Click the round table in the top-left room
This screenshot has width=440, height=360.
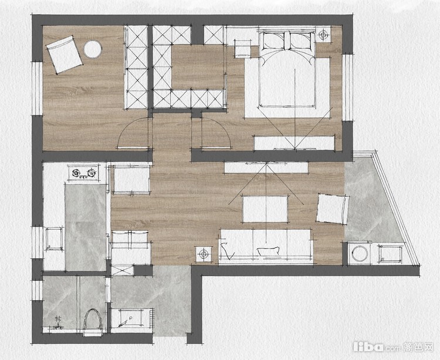pos(92,49)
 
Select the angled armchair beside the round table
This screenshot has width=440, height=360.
pos(65,55)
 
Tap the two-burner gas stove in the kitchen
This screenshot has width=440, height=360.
pos(83,173)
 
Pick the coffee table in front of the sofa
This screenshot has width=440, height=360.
pos(265,209)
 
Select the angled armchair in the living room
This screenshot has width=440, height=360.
pos(333,208)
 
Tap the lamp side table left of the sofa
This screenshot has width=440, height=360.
pos(204,254)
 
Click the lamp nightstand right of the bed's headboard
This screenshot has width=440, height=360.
pos(323,35)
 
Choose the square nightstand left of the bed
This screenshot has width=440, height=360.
pos(243,49)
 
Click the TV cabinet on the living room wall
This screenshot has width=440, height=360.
pos(266,167)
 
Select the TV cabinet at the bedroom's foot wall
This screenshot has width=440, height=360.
pos(295,143)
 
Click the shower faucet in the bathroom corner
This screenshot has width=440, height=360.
pos(58,323)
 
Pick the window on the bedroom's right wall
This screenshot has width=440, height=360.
pos(347,87)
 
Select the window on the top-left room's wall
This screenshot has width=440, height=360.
pos(37,89)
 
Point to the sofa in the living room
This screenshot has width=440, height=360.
pos(266,247)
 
